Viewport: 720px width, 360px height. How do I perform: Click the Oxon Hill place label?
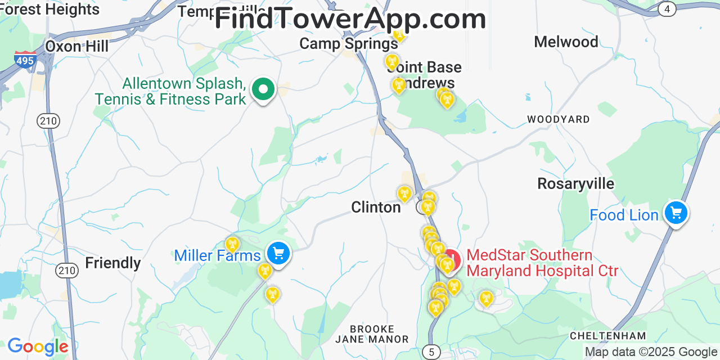point(76,46)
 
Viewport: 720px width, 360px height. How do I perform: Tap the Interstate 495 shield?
point(25,59)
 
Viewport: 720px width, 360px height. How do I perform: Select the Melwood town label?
point(566,42)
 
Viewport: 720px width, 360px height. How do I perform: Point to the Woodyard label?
point(558,119)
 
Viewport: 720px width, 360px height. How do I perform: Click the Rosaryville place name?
point(575,184)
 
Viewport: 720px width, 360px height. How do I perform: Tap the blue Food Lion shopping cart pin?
point(676,213)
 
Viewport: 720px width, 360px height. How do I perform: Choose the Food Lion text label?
point(624,215)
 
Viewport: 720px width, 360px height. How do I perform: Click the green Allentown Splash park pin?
point(262,89)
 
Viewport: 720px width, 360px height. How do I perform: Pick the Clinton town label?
point(376,208)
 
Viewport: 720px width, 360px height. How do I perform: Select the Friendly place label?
point(113,263)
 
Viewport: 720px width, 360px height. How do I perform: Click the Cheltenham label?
point(608,336)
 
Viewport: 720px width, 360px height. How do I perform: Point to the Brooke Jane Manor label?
point(371,334)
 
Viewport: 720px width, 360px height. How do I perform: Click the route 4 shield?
point(667,9)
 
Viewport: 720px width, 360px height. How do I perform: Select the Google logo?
point(37,347)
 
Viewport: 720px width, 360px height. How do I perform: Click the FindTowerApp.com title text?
point(350,19)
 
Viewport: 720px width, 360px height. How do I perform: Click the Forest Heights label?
point(49,10)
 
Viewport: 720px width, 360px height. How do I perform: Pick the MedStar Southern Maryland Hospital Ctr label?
point(542,263)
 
